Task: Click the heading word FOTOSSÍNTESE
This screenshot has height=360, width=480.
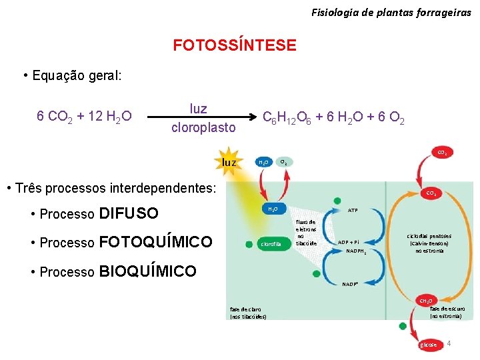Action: click(235, 45)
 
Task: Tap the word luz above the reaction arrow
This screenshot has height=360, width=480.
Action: click(198, 109)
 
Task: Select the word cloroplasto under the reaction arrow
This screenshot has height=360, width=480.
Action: click(203, 127)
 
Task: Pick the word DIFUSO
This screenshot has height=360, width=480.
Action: click(128, 213)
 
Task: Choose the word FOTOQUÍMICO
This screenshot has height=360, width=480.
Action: click(155, 242)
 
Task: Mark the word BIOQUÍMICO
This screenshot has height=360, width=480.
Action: click(147, 271)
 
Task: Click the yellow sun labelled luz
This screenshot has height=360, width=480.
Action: click(229, 162)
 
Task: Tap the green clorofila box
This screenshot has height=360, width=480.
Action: click(271, 245)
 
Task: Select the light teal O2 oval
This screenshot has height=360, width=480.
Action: click(283, 162)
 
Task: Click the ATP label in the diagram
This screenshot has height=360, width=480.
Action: click(353, 210)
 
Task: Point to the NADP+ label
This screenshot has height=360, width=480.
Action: click(351, 284)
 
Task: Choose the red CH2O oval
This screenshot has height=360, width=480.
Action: click(425, 301)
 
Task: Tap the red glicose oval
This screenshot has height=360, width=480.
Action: click(428, 345)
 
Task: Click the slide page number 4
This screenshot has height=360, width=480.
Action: click(449, 343)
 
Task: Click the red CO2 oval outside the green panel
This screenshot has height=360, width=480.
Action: click(441, 153)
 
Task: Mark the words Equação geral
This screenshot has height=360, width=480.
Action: click(77, 75)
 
